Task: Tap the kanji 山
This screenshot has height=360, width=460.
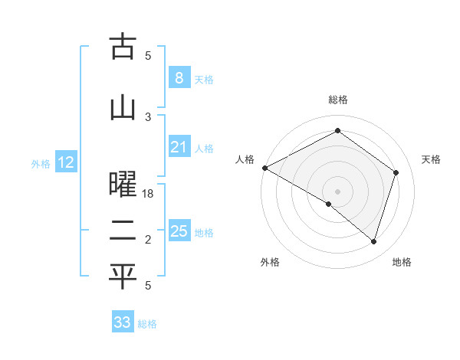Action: [123, 107]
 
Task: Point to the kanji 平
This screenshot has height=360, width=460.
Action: [123, 277]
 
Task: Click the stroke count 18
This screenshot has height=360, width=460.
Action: [148, 195]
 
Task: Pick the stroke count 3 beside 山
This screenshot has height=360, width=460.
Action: [148, 116]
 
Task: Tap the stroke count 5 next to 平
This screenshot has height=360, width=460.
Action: [148, 286]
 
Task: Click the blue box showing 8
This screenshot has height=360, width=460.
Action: [179, 78]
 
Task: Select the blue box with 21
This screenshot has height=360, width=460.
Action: [179, 147]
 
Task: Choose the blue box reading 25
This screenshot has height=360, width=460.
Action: [179, 231]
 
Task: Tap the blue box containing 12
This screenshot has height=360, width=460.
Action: [66, 162]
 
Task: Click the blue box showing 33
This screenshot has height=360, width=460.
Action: [123, 322]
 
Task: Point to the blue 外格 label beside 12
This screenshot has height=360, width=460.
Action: [41, 163]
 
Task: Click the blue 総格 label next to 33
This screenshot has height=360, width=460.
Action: [147, 323]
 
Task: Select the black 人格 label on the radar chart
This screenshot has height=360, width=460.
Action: [245, 159]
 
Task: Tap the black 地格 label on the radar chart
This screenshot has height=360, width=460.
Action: [402, 263]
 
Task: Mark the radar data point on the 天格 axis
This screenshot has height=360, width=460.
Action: [396, 172]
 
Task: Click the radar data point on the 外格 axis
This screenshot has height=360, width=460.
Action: [329, 205]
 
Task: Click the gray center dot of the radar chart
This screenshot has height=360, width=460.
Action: [337, 191]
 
